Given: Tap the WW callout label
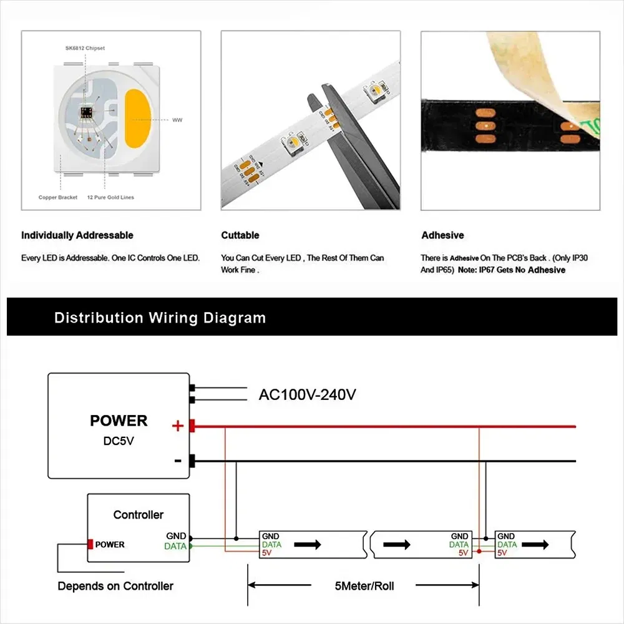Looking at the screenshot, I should coord(177,119).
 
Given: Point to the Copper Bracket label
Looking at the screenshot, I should coord(58,197).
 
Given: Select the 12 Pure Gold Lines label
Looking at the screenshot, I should coord(110,197).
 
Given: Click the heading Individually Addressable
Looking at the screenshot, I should coord(77,235).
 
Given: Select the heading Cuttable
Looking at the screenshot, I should coord(240,235).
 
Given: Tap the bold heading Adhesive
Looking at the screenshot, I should coord(442,235).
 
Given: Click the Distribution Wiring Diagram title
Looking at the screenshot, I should coord(160,318).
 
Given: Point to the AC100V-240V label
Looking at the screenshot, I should coord(308,394).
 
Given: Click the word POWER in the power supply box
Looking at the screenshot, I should coord(119,421).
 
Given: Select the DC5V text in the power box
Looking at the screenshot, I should coord(119,440).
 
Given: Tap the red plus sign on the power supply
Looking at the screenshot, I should coord(178,426).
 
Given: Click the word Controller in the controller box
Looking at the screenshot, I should coord(138,515).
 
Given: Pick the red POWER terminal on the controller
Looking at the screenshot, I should coord(90,544).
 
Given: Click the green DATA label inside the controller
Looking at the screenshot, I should coord(175,546).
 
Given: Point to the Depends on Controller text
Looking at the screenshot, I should coord(115,586).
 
